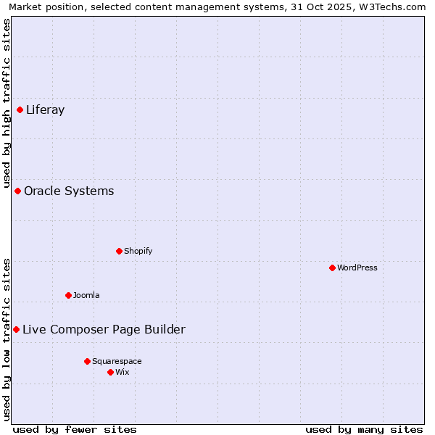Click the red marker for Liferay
(x=20, y=110)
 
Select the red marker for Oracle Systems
(x=18, y=191)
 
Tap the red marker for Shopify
(x=119, y=252)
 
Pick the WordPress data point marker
(x=332, y=268)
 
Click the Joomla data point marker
(x=68, y=296)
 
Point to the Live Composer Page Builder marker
(x=16, y=330)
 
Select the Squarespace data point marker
(x=87, y=361)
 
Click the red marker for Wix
(x=110, y=373)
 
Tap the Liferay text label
(x=45, y=110)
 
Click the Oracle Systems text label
(x=69, y=191)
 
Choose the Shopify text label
(x=138, y=252)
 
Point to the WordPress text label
(x=357, y=268)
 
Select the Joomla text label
(x=86, y=296)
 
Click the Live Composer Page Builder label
(x=104, y=330)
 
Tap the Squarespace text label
(x=117, y=361)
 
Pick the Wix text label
(x=123, y=373)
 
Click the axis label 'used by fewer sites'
(x=75, y=429)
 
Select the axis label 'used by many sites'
(x=364, y=429)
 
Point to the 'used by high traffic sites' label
(x=7, y=103)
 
